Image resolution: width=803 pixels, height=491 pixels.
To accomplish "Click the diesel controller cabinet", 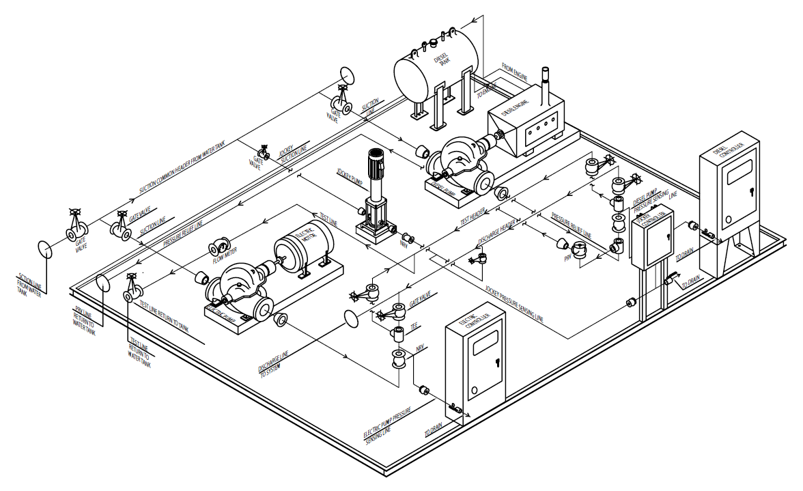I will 729,184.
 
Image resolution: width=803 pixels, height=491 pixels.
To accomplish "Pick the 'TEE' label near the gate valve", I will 413,327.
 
